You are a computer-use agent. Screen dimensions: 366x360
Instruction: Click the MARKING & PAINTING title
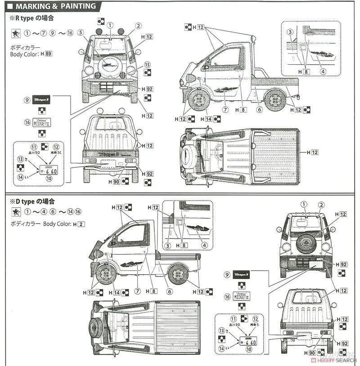point(55,6)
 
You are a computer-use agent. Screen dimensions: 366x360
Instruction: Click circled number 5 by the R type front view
point(81,32)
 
